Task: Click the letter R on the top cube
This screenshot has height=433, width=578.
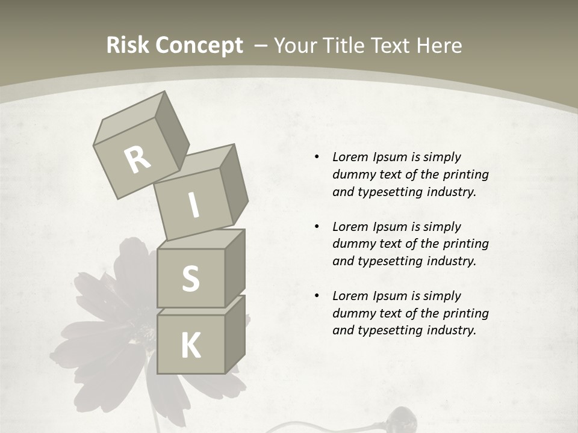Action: pos(137,160)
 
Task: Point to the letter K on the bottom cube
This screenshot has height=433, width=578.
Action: pos(190,346)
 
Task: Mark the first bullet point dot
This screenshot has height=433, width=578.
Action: pos(317,157)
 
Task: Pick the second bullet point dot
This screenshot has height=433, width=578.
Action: pos(317,227)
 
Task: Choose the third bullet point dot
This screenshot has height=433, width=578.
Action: pos(317,296)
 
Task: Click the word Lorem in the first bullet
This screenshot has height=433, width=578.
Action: pos(350,157)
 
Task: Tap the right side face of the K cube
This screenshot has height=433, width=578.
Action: pos(235,334)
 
